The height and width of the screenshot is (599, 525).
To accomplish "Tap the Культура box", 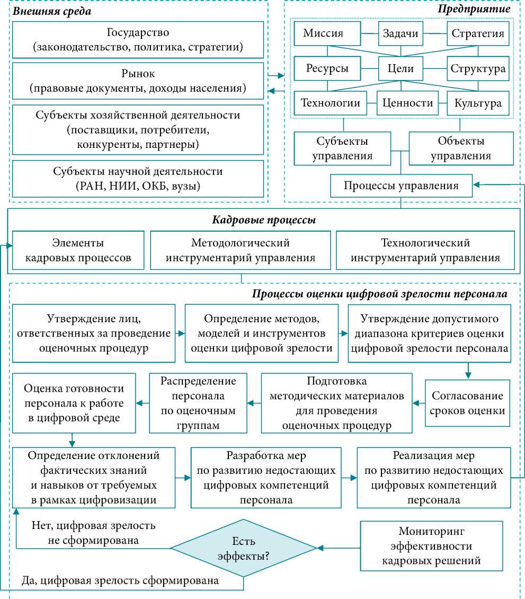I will pos(478,103).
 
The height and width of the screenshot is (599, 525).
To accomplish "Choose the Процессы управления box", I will pos(401,186).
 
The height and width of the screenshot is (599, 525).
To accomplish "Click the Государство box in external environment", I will pos(138,40).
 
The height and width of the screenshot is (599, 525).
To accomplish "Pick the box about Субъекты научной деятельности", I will pos(138,179).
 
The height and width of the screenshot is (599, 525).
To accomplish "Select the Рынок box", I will pos(138,81).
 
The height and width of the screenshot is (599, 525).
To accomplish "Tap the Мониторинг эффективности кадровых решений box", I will pos(431,545).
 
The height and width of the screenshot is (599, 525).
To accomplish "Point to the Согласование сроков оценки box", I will pos(467,403).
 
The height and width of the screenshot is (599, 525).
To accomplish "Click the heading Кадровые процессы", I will pos(264,221).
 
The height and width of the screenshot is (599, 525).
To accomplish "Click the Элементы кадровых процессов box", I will pos(78,251).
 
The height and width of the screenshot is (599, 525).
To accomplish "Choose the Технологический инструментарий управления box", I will pos(425,251).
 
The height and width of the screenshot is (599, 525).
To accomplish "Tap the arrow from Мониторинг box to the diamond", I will pos(339,548).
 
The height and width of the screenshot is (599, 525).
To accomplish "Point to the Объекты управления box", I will pos(460,148).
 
